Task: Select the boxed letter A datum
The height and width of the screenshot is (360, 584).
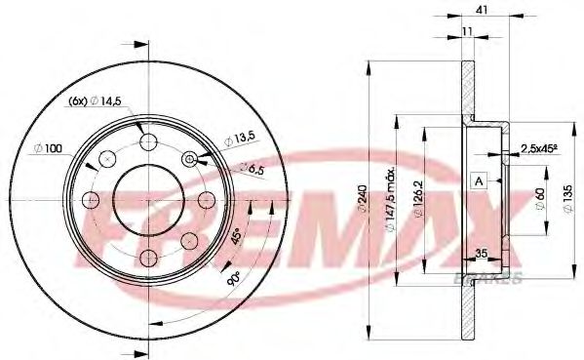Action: (478, 181)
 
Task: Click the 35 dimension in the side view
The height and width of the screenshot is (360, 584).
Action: (481, 257)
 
